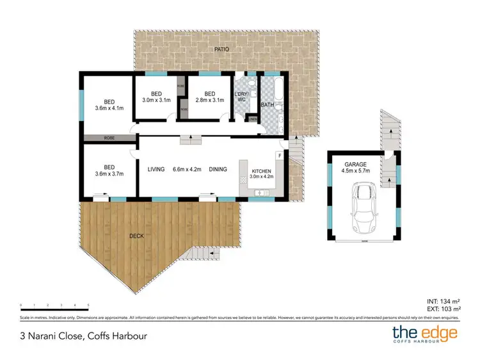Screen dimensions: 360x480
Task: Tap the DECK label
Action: pyautogui.click(x=136, y=236)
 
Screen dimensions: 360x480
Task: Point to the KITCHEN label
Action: pyautogui.click(x=262, y=170)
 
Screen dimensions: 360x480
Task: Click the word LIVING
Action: pyautogui.click(x=157, y=169)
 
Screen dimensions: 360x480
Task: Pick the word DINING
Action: pyautogui.click(x=218, y=169)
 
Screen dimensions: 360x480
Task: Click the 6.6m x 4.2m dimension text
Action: pyautogui.click(x=186, y=169)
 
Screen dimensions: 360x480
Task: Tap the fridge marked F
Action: pyautogui.click(x=279, y=155)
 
